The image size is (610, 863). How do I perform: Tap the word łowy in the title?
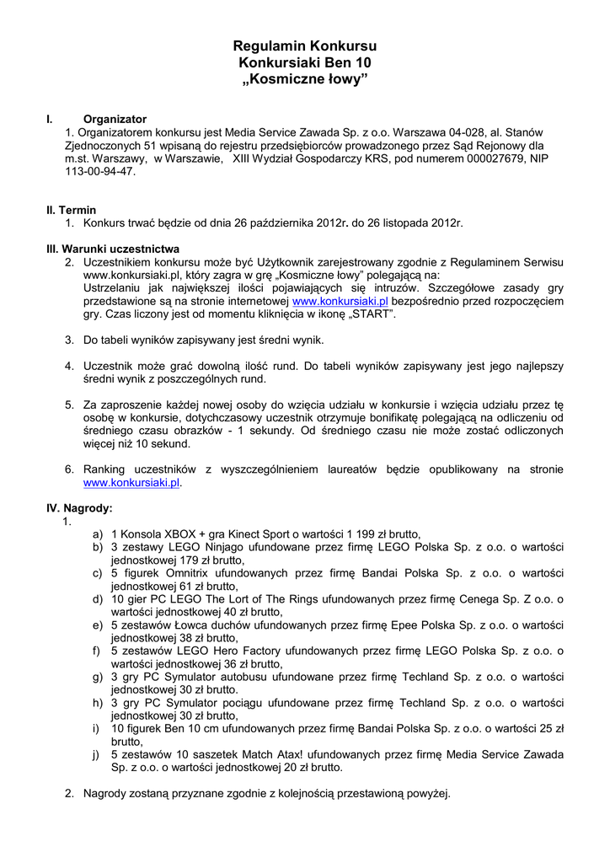[345, 79]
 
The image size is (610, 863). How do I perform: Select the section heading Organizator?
[115, 119]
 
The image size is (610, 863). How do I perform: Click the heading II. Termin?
[71, 210]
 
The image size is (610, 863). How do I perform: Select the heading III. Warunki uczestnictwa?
[112, 249]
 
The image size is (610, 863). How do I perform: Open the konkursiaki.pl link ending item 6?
[131, 483]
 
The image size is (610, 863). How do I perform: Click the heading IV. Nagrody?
[78, 508]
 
